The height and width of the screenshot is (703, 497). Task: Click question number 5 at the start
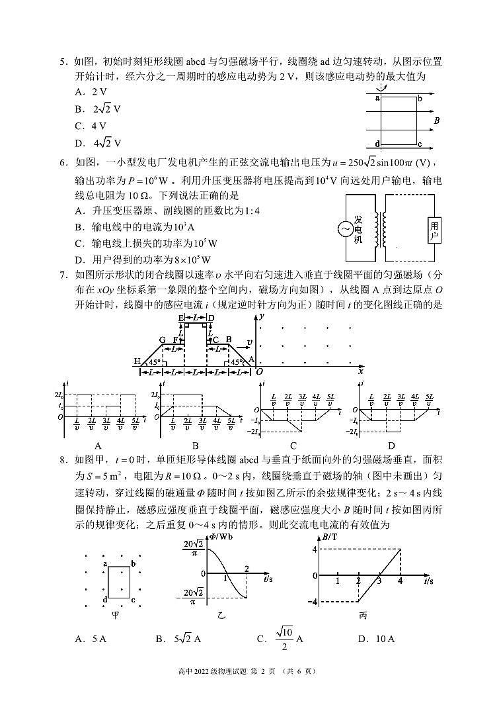(x=63, y=62)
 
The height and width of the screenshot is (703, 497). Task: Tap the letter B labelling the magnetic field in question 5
(x=437, y=121)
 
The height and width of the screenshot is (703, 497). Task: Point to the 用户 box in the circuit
(x=434, y=231)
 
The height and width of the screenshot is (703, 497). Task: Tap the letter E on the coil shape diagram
(x=181, y=318)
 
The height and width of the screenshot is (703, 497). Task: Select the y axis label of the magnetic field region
(x=262, y=317)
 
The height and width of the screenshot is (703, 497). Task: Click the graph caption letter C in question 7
(x=293, y=446)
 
